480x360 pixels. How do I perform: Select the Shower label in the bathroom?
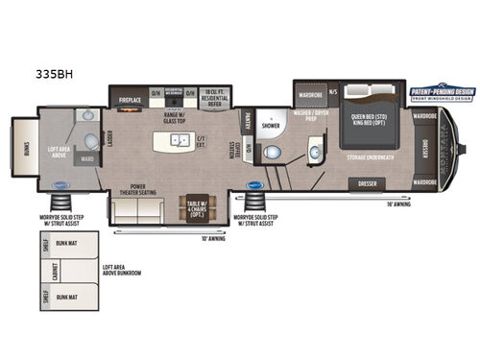point(271,124)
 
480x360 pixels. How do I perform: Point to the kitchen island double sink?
point(179,139)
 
